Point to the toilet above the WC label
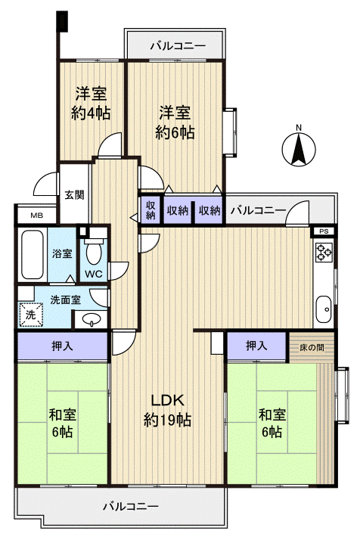tap(95, 249)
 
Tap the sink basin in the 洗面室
tap(92, 318)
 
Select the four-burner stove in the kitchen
tap(323, 254)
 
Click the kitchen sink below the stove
tap(323, 309)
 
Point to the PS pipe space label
tap(323, 231)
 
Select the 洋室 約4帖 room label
tap(92, 104)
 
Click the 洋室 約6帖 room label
tap(175, 123)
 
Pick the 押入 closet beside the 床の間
tap(257, 346)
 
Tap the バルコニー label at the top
tap(177, 45)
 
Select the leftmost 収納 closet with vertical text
tap(151, 210)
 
